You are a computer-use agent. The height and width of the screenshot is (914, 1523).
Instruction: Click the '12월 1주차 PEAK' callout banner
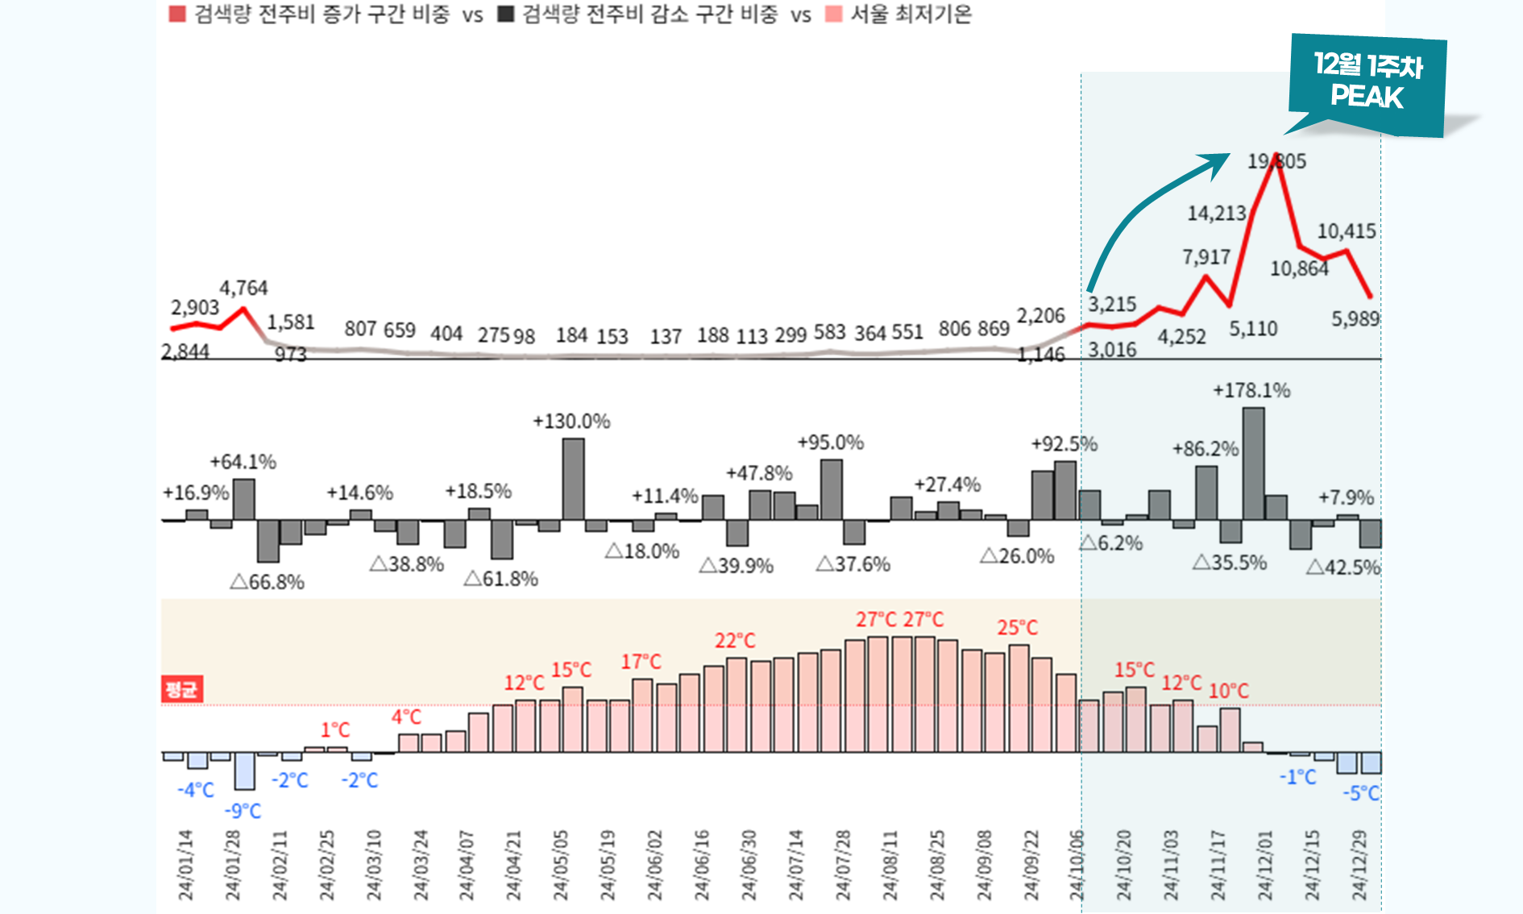click(x=1367, y=83)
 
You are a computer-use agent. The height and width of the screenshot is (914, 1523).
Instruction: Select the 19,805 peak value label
click(x=1276, y=161)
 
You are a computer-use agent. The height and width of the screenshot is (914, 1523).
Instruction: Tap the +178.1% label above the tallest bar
click(x=1251, y=391)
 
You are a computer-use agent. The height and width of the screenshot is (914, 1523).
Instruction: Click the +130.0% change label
click(x=571, y=422)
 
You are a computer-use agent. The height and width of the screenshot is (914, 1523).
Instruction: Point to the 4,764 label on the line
click(x=243, y=288)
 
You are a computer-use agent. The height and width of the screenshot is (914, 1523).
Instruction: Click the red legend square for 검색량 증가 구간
click(x=177, y=15)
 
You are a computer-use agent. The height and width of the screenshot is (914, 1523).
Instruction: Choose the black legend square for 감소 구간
click(x=506, y=15)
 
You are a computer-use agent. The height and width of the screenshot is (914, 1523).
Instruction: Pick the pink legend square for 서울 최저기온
click(x=834, y=15)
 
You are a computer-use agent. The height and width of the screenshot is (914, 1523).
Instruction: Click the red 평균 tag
click(x=181, y=689)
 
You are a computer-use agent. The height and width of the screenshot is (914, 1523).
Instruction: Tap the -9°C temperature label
click(x=243, y=811)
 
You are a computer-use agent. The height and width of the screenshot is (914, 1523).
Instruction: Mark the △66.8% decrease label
click(x=267, y=582)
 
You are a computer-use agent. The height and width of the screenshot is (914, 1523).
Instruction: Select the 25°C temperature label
click(x=1017, y=628)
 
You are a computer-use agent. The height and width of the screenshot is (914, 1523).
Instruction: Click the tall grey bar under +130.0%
click(x=573, y=479)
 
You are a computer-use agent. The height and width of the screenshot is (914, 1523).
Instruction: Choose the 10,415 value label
click(x=1347, y=231)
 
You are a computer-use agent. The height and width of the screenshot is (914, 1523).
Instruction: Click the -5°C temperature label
click(x=1361, y=793)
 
